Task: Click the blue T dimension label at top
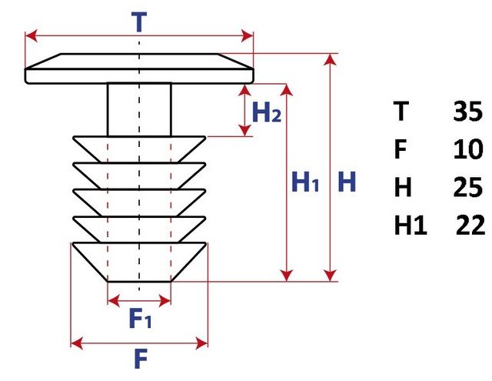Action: pos(139,21)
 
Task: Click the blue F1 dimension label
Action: pos(141,317)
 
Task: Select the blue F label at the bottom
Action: pos(140,359)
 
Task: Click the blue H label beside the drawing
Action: pos(347,182)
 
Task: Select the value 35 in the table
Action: pos(467,112)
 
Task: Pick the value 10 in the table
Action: pos(467,149)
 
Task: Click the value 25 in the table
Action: pos(467,187)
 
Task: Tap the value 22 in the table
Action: pos(469,226)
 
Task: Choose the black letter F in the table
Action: pos(400,149)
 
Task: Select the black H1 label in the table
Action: pos(411,226)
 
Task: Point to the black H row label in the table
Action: pos(402,187)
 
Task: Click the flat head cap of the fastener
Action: pos(139,69)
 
